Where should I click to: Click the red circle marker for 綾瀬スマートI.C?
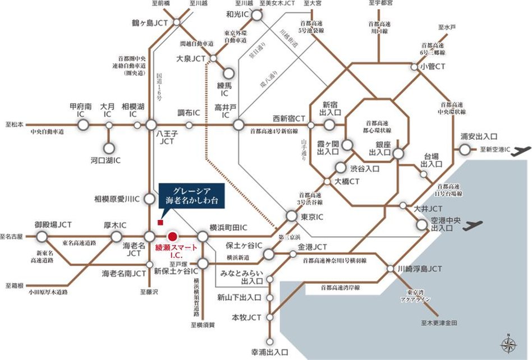tap(173, 237)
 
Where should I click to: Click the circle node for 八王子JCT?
tap(150, 125)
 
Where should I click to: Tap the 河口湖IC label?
tap(109, 161)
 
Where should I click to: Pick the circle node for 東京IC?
tap(291, 216)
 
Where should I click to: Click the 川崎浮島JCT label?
tap(424, 269)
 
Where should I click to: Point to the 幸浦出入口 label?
tap(269, 353)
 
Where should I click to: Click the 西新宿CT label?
tap(289, 118)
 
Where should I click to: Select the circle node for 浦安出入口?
tap(465, 149)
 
